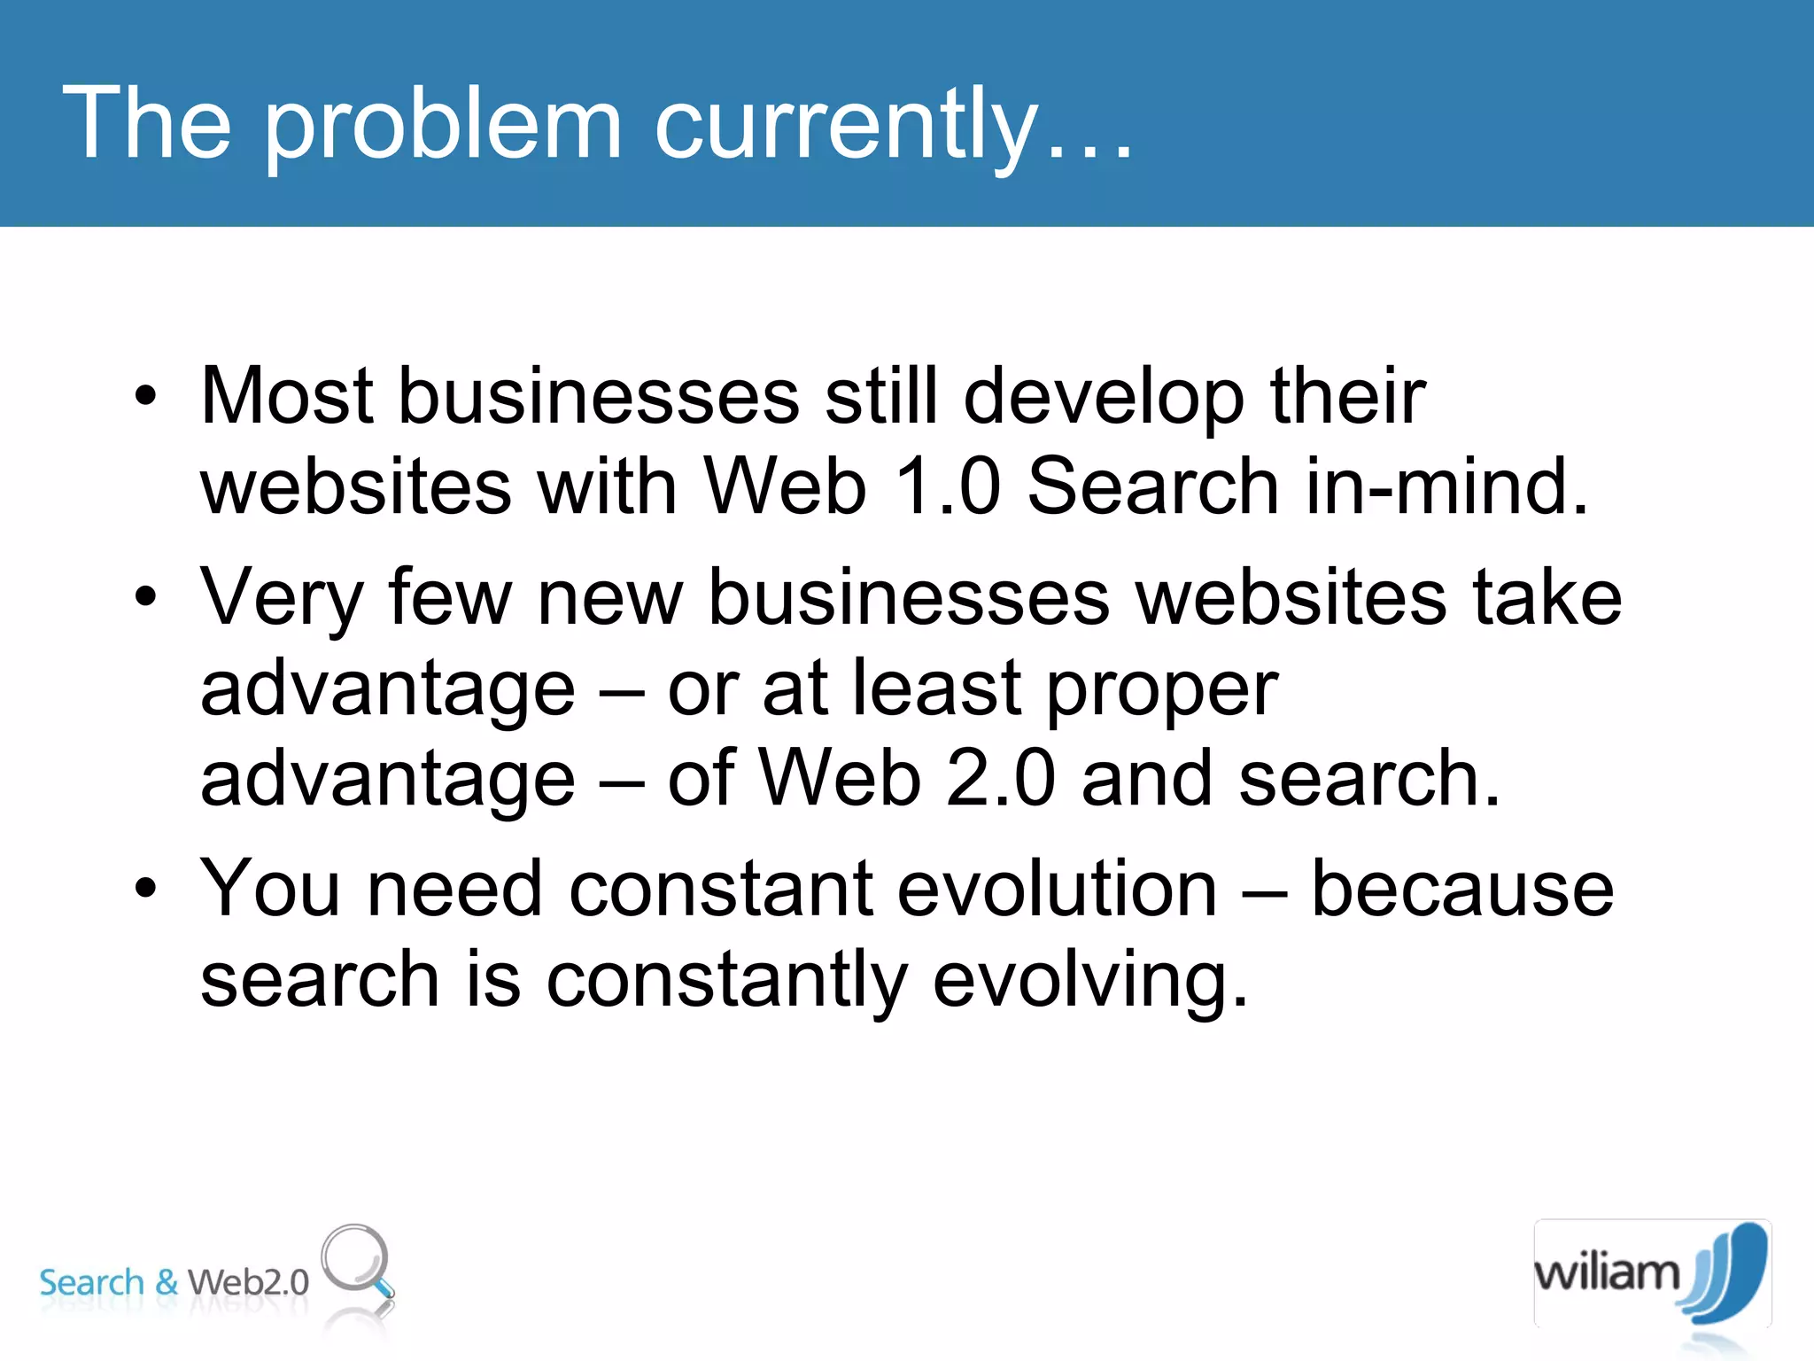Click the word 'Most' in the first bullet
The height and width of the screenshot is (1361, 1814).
(x=286, y=396)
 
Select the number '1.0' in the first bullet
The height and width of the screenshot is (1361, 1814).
(x=947, y=486)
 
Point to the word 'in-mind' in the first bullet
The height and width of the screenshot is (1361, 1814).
(x=1435, y=486)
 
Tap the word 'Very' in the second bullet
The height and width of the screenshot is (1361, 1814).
(x=281, y=599)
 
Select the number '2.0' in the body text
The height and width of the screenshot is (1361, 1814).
(x=1000, y=779)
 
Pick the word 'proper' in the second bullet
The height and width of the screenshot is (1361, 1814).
(x=1162, y=691)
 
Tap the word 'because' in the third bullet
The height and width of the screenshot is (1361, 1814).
(x=1461, y=889)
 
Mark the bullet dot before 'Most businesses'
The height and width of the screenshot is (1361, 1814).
(x=145, y=396)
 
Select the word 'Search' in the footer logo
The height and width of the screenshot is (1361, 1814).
(x=91, y=1282)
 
